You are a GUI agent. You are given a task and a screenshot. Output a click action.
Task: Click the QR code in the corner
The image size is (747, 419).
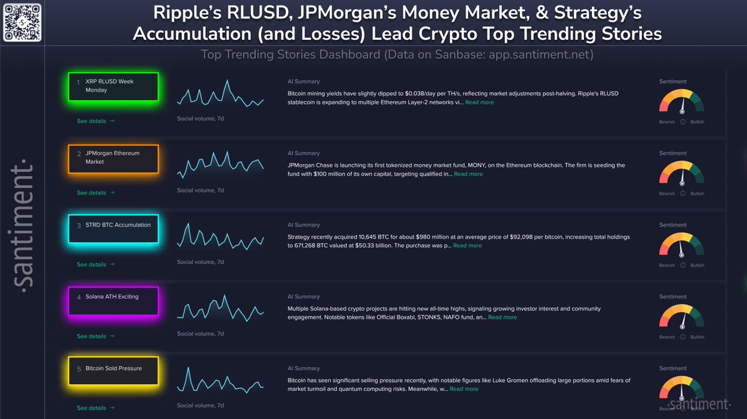(x=22, y=22)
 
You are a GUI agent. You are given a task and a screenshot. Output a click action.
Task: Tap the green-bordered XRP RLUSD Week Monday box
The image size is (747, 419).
(x=113, y=87)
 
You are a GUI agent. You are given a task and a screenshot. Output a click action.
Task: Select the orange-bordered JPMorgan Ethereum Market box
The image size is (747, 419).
(x=113, y=158)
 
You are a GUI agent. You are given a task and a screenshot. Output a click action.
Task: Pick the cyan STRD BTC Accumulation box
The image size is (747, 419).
(x=113, y=229)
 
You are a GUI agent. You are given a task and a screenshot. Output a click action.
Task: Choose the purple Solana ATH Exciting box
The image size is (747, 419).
(x=113, y=301)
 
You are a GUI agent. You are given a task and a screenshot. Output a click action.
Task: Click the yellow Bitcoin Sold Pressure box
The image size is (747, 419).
(x=113, y=372)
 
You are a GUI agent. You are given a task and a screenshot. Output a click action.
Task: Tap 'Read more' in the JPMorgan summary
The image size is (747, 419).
(x=468, y=174)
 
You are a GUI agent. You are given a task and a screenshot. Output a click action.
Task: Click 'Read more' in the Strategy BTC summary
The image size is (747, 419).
(x=467, y=246)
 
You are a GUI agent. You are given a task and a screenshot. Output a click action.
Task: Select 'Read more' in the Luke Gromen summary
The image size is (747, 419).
(x=464, y=389)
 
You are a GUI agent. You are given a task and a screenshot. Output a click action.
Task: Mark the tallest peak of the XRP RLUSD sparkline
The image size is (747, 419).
(x=227, y=80)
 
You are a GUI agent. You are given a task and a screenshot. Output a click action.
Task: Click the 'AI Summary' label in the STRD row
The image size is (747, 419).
(x=303, y=225)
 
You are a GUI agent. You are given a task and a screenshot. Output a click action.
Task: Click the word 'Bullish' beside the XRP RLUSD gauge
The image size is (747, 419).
(x=697, y=122)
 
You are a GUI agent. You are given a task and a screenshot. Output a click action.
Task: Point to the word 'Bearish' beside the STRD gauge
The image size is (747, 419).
(x=667, y=265)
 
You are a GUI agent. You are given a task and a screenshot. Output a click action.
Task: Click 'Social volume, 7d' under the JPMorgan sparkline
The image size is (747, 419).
(x=200, y=191)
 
